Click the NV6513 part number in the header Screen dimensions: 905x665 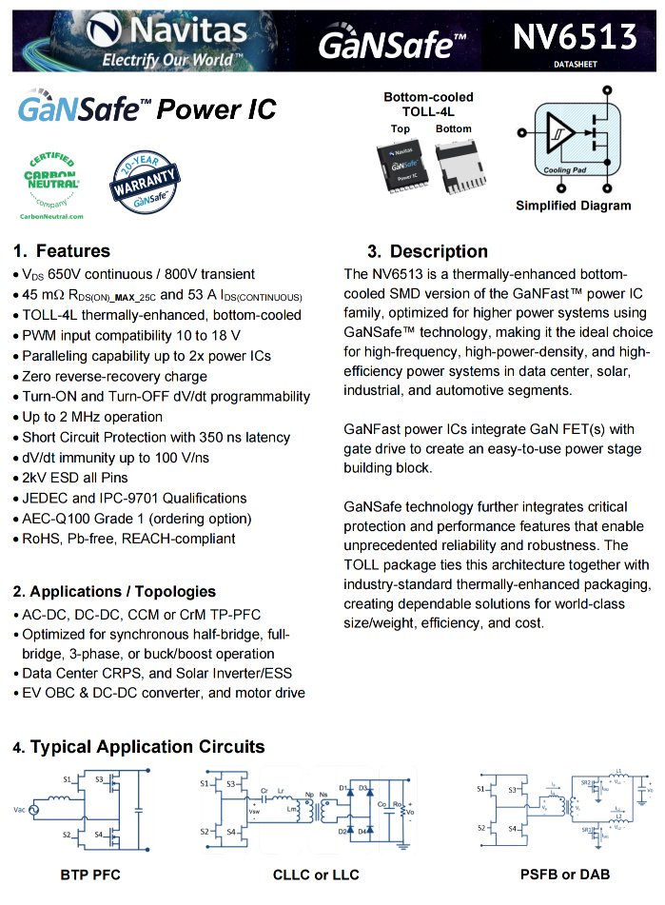point(574,37)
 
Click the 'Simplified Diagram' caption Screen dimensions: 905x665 point(573,206)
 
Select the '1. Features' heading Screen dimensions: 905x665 point(62,251)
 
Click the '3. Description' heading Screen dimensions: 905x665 point(427,251)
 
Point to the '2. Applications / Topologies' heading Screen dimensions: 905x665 point(114,591)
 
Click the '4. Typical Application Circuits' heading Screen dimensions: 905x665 point(139,747)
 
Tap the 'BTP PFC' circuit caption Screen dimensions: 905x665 point(90,874)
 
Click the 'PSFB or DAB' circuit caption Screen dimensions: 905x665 point(565,874)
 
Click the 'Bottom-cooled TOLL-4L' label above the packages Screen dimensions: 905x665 point(428,104)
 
